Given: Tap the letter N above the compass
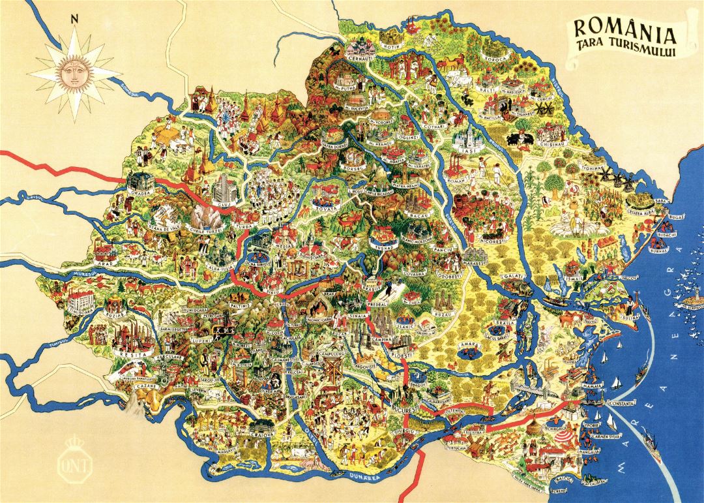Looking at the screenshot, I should (x=75, y=19).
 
